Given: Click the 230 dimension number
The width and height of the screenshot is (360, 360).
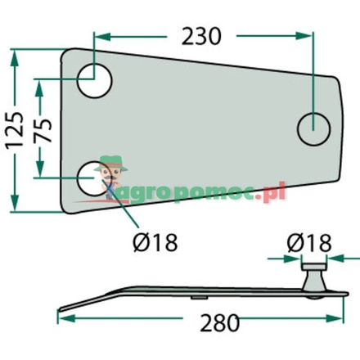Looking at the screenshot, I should coord(201,36).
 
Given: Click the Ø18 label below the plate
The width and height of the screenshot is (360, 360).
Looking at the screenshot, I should coord(153,242).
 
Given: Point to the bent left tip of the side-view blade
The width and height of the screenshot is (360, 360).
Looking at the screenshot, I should coord(62,302).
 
